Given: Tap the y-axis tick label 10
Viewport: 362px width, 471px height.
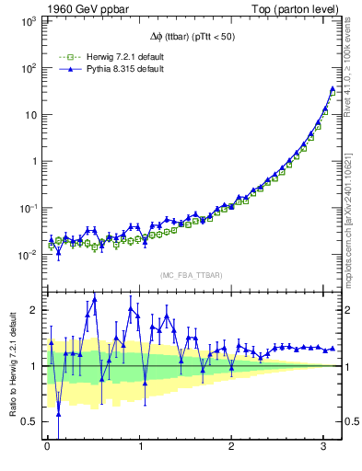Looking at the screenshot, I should tap(29, 114).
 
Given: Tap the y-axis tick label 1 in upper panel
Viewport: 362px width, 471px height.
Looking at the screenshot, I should tap(34, 161).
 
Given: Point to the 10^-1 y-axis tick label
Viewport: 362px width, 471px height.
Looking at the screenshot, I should tap(27, 208).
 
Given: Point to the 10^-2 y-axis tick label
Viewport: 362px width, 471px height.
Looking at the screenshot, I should tap(27, 255).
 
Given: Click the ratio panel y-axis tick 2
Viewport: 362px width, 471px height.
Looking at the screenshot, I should tap(34, 310).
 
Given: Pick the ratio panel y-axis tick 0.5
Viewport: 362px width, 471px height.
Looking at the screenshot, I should tap(30, 421).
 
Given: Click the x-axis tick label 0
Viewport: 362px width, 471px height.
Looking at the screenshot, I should tap(47, 448).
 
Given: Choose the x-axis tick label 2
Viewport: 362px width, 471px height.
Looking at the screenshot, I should tap(232, 448).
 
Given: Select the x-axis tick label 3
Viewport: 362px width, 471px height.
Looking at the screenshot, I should tap(324, 448).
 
